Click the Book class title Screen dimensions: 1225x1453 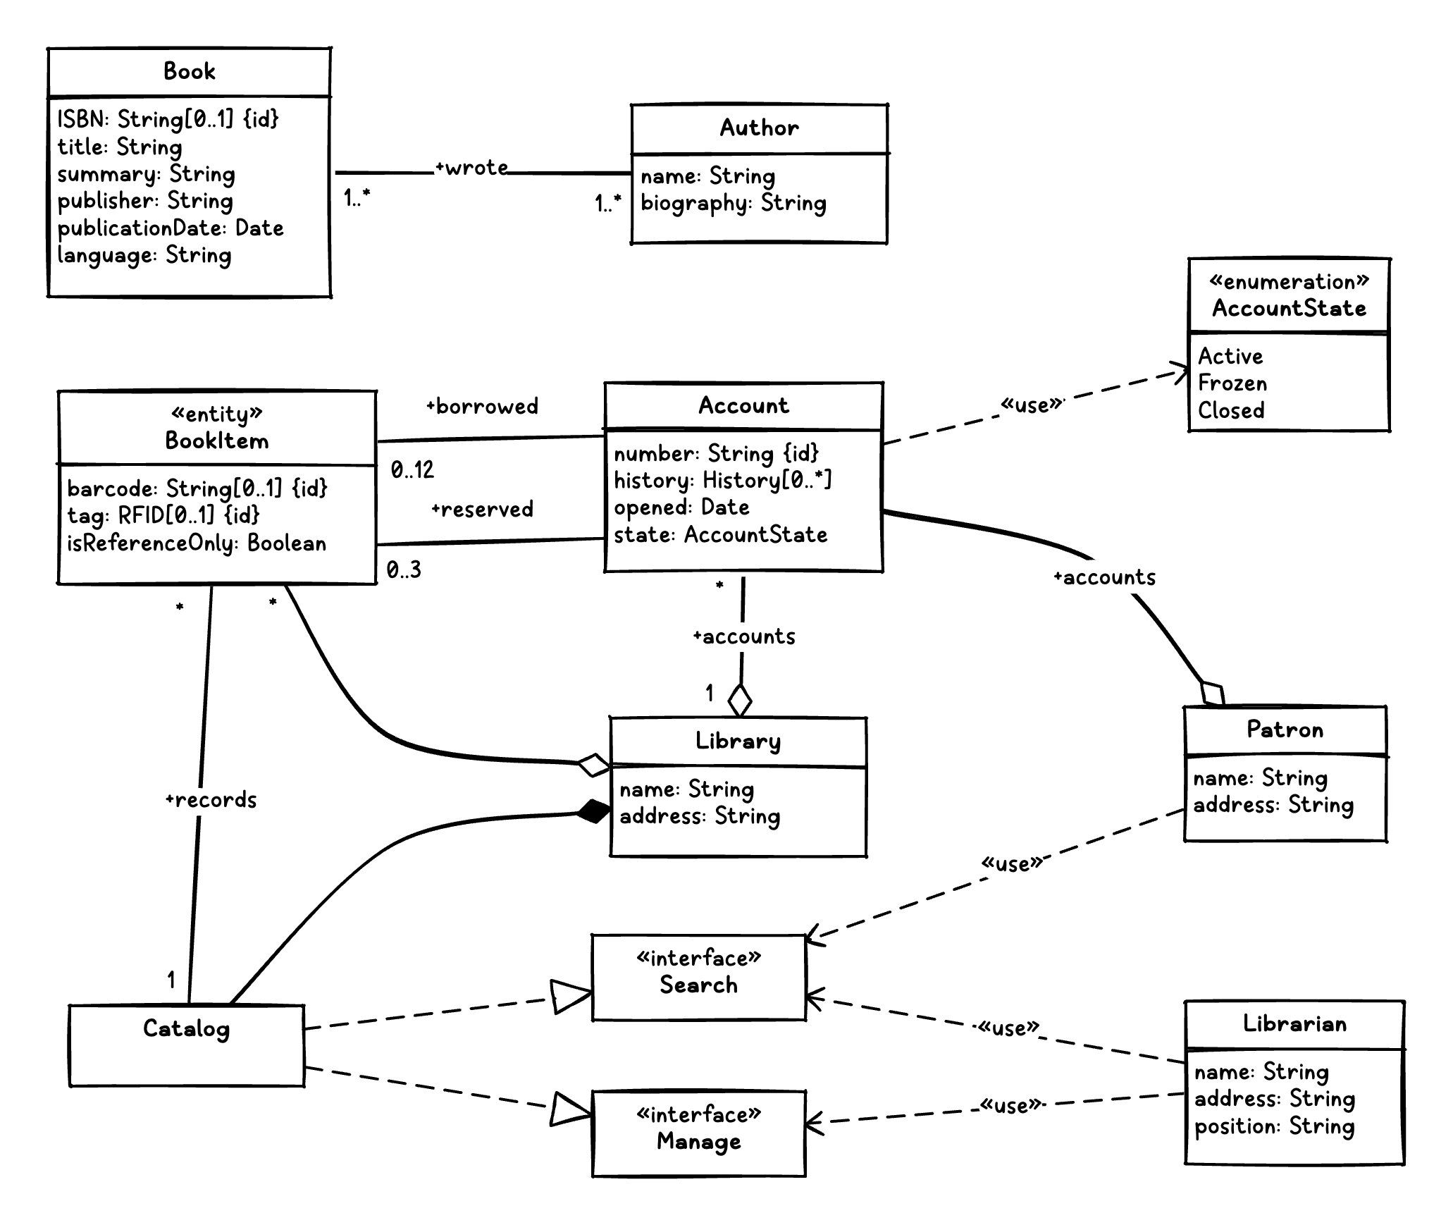[x=189, y=71]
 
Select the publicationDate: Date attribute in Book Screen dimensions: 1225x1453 [x=171, y=228]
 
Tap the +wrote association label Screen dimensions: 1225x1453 [x=471, y=168]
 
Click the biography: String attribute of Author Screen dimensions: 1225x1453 [x=733, y=204]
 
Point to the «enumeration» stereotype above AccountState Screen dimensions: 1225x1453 [x=1289, y=282]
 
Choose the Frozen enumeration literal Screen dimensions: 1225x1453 [x=1232, y=383]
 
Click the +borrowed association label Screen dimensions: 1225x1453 [x=482, y=407]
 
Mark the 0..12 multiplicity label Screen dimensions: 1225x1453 [x=412, y=470]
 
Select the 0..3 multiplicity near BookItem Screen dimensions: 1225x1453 [x=404, y=570]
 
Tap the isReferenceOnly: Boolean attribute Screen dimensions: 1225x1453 [x=197, y=543]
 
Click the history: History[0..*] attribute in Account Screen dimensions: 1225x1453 [x=722, y=481]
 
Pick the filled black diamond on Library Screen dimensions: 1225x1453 [x=594, y=812]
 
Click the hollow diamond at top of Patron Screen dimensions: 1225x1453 [x=1213, y=694]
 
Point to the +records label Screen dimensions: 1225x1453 [x=211, y=800]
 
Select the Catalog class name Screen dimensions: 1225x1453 [x=186, y=1029]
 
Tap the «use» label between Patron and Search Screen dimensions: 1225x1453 [x=1011, y=864]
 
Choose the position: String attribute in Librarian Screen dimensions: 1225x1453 [x=1274, y=1126]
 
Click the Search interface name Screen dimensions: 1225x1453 [x=698, y=985]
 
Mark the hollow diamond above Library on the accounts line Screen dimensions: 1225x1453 [x=740, y=701]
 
